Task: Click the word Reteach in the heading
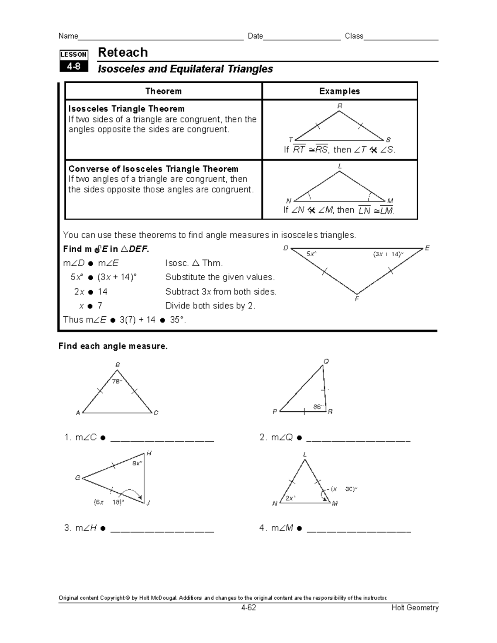click(x=123, y=53)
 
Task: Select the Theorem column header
click(x=163, y=91)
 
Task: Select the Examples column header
click(x=339, y=91)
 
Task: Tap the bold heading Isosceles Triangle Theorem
click(x=126, y=109)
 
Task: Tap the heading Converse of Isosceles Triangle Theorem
click(x=153, y=169)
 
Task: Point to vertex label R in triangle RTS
click(x=340, y=106)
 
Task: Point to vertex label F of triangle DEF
click(x=357, y=299)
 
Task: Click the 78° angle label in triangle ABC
click(x=117, y=381)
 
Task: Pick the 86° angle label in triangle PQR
click(x=318, y=407)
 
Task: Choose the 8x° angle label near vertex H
click(x=137, y=463)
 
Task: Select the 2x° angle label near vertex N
click(x=290, y=499)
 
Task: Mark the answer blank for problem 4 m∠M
click(x=359, y=530)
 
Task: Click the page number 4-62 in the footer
click(x=248, y=608)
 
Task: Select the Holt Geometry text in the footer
click(x=415, y=608)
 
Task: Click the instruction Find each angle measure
click(x=113, y=346)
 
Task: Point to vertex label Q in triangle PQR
click(x=326, y=361)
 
